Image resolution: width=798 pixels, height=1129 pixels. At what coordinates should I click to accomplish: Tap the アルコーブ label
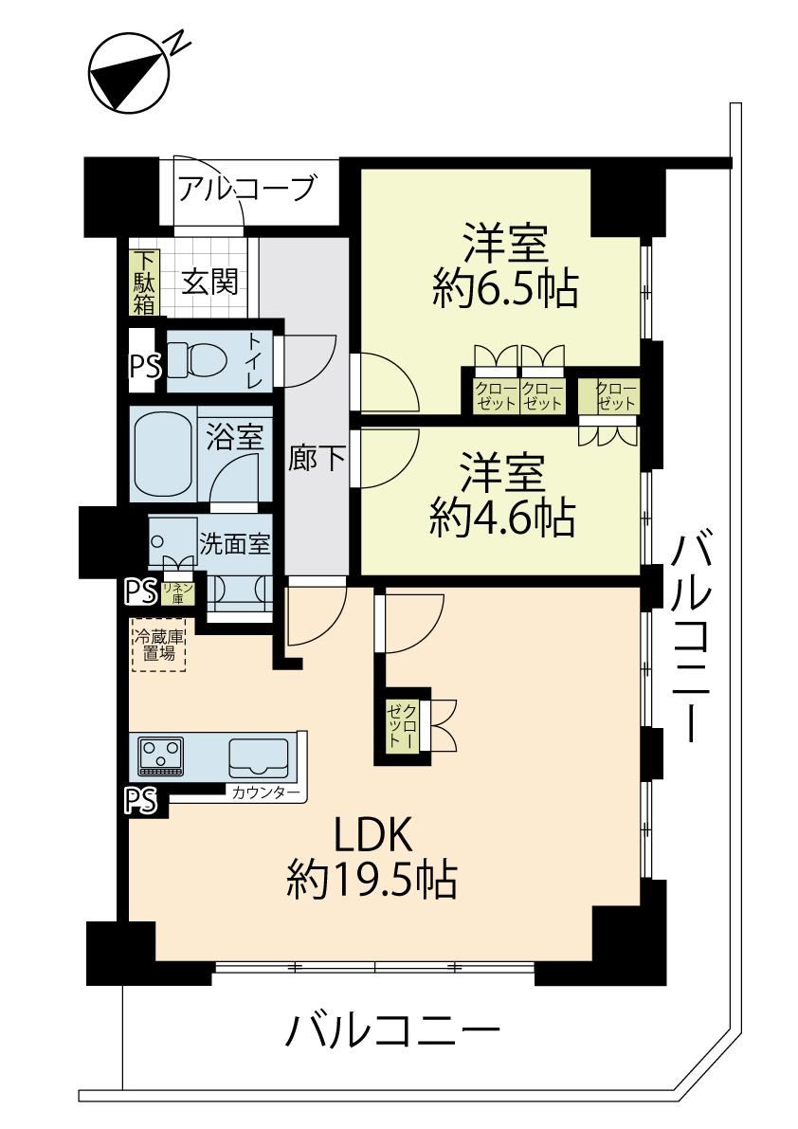[246, 189]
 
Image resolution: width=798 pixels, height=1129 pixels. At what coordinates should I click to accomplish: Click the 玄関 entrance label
[209, 282]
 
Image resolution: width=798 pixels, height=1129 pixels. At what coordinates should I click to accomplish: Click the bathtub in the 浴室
[162, 454]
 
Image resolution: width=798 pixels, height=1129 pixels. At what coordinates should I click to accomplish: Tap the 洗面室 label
[235, 543]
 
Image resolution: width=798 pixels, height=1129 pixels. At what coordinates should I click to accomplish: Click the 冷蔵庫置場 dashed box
[158, 645]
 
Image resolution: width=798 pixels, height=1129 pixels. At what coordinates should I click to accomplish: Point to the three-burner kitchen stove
[161, 756]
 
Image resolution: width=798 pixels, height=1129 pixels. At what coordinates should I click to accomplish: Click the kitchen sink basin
[259, 756]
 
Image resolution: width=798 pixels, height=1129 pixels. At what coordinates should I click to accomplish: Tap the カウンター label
[264, 793]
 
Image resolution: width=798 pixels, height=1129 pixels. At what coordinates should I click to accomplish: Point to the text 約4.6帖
[502, 517]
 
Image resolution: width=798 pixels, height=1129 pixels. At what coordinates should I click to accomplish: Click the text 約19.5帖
[372, 878]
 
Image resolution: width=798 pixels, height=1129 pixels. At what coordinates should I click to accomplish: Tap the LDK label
[372, 835]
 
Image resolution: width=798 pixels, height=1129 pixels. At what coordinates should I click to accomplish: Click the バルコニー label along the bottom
[392, 1031]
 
